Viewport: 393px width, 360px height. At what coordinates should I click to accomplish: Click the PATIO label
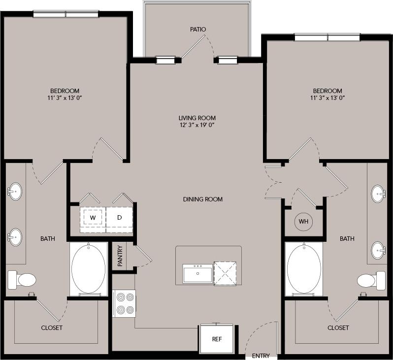[197, 29]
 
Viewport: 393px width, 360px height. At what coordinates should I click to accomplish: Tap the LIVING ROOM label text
[197, 118]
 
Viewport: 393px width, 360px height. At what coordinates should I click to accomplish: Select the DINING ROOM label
[203, 199]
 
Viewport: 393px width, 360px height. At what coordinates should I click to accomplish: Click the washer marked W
[93, 217]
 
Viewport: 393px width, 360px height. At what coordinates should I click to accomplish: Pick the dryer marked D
[119, 217]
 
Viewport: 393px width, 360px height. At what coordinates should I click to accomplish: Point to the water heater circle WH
[303, 222]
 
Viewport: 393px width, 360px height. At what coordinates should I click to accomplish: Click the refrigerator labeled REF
[217, 339]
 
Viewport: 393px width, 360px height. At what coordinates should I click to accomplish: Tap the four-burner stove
[124, 303]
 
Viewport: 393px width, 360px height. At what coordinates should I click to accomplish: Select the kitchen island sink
[197, 273]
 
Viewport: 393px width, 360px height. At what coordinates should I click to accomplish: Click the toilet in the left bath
[22, 280]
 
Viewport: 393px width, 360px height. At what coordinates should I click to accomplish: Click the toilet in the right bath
[371, 280]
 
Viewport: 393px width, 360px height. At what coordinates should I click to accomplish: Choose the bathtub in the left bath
[88, 269]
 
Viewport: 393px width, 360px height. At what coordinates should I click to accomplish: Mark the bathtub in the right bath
[304, 269]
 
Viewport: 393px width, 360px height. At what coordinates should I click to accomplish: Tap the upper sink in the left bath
[15, 191]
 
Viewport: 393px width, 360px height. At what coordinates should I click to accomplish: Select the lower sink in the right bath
[378, 250]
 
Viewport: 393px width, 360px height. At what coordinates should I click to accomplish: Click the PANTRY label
[120, 256]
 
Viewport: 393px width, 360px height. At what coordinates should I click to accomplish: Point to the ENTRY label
[261, 356]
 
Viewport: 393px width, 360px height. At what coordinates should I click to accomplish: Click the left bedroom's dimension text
[65, 98]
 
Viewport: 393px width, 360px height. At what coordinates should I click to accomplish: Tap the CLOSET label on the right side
[338, 327]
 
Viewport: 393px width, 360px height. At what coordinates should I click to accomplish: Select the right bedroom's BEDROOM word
[327, 91]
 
